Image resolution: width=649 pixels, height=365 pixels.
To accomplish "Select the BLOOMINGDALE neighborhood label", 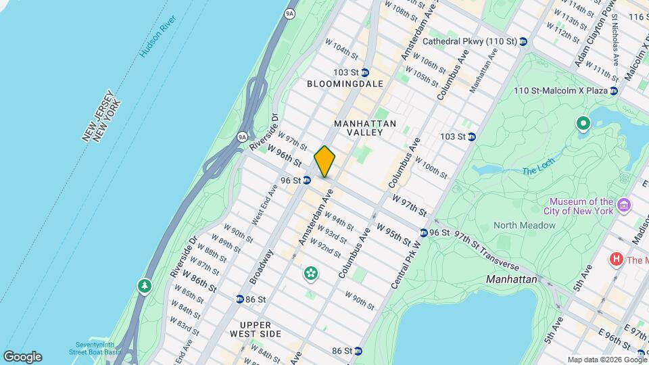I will (x=345, y=84).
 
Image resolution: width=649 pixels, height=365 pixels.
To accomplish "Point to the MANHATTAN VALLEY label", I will (x=365, y=128).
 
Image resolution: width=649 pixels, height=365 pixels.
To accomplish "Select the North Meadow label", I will (x=524, y=225).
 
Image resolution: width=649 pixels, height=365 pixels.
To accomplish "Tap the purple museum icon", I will (x=624, y=205).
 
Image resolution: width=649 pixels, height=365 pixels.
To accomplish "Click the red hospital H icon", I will (x=616, y=259).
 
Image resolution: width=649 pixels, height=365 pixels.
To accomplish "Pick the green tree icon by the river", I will (x=144, y=286).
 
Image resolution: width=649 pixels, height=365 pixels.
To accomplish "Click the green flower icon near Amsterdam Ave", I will (x=311, y=274).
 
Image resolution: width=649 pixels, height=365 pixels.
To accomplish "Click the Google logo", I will (x=22, y=356).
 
